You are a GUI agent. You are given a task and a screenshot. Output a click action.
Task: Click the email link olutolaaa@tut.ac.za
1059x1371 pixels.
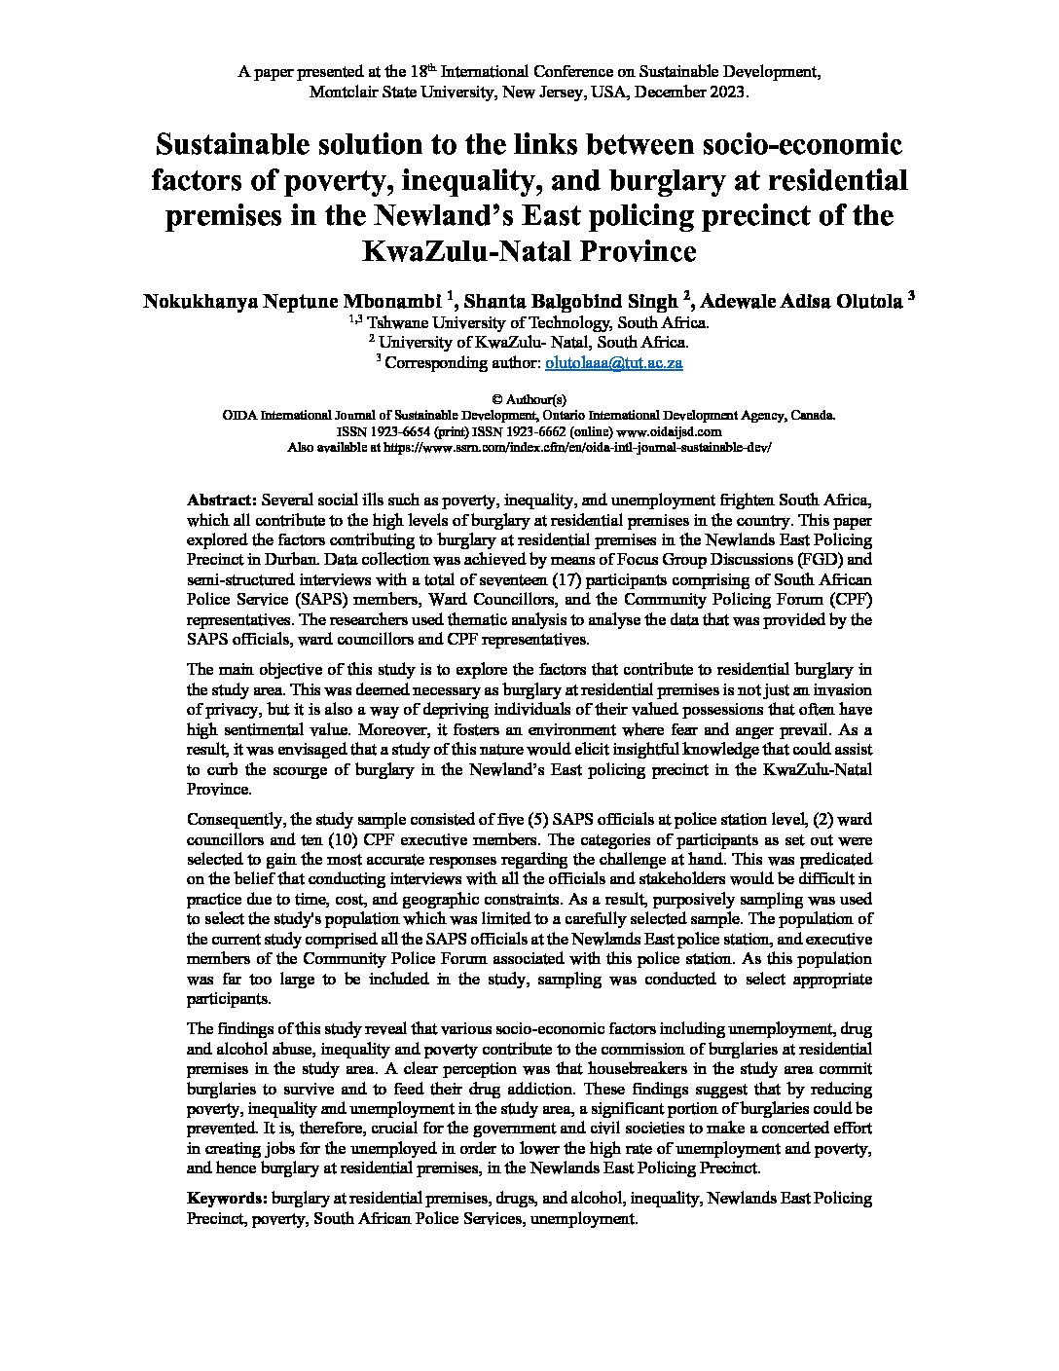click(613, 362)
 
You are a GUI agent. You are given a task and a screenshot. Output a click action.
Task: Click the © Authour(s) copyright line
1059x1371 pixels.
click(529, 399)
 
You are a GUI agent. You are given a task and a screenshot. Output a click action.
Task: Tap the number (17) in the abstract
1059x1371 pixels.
click(491, 579)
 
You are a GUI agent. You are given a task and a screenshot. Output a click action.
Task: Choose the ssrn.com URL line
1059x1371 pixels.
click(529, 447)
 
